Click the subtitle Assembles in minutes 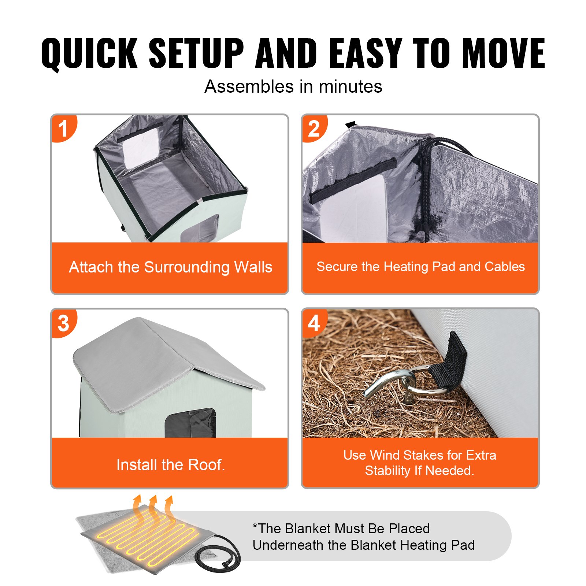[x=293, y=87]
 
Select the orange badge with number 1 [x=63, y=128]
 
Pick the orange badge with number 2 [x=314, y=128]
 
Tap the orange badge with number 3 [x=63, y=323]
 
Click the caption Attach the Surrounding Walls [x=170, y=267]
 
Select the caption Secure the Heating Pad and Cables [x=420, y=266]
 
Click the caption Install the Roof [x=170, y=465]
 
